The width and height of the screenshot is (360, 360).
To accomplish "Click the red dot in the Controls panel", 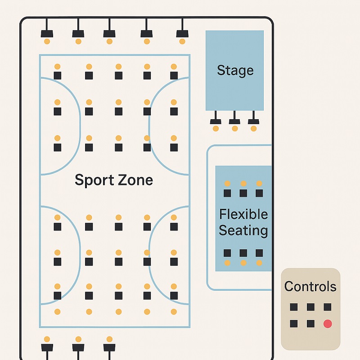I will [x=328, y=324].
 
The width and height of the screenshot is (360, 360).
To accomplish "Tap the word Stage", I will [x=235, y=70].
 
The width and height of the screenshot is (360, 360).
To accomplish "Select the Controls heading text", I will [x=310, y=287].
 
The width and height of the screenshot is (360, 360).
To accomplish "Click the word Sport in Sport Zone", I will [x=93, y=180].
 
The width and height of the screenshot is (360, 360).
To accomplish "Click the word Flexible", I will [x=243, y=214].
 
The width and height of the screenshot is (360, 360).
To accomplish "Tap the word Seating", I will [x=243, y=231].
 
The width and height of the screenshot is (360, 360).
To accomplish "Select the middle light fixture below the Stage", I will [x=234, y=121].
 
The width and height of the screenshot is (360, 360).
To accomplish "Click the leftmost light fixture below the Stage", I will [x=216, y=121].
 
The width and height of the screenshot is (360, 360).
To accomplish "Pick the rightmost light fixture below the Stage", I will [x=253, y=121].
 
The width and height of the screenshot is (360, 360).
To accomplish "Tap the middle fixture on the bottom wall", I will [x=78, y=347].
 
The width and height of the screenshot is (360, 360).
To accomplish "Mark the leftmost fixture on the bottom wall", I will [x=47, y=347].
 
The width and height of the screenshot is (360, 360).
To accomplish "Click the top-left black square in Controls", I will [x=293, y=307].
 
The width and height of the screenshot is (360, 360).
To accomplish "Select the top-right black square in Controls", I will [x=328, y=307].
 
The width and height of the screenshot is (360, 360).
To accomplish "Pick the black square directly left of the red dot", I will [x=310, y=324].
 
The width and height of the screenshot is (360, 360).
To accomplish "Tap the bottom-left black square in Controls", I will [x=293, y=324].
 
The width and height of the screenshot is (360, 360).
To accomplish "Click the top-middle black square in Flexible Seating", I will [x=243, y=193].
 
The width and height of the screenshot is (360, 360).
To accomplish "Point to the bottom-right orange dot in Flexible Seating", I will [x=259, y=262].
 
